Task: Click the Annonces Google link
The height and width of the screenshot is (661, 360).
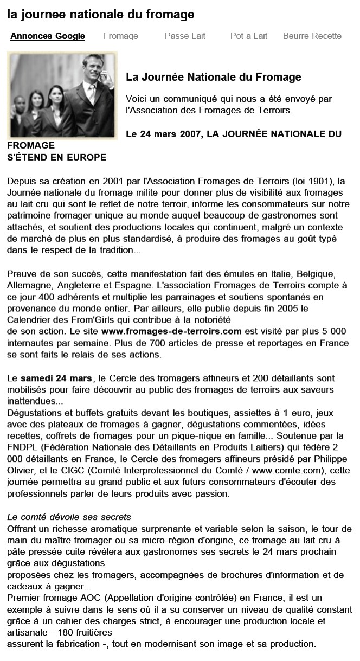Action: click(x=48, y=36)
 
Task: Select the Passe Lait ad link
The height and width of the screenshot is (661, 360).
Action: click(x=185, y=36)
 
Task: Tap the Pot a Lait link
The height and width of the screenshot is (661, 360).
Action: click(x=249, y=36)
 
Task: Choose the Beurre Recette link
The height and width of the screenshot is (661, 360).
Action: click(x=312, y=36)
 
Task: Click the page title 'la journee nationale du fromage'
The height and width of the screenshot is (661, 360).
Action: click(x=101, y=15)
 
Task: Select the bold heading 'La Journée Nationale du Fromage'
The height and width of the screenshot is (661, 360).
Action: click(x=213, y=78)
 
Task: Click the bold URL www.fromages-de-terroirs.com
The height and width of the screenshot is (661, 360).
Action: click(x=171, y=330)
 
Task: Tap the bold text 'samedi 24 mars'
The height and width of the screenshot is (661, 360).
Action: click(x=56, y=378)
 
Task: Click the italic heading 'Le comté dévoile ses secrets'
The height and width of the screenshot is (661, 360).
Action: click(x=69, y=517)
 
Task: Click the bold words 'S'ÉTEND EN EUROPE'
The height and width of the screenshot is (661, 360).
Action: click(x=56, y=157)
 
